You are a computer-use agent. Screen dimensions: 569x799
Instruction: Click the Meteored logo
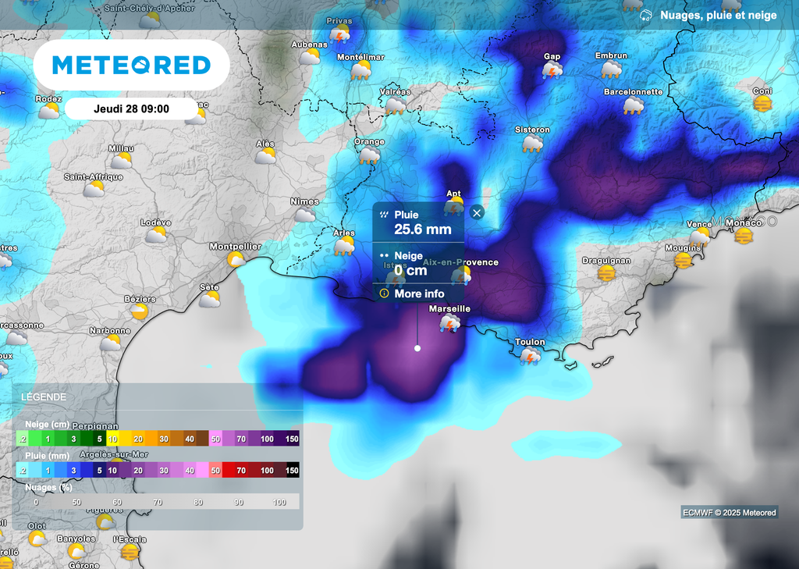point(131,65)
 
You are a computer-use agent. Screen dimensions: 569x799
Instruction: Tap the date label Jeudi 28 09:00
point(131,108)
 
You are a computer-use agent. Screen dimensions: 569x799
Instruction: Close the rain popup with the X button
point(477,212)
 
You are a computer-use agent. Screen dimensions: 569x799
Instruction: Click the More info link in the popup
point(419,294)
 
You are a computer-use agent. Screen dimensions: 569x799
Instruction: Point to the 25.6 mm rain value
point(423,229)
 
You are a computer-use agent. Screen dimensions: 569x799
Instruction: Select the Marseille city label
point(449,309)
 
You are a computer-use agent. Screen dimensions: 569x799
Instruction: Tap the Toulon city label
point(530,342)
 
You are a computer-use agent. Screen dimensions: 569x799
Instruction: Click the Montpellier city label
point(235,247)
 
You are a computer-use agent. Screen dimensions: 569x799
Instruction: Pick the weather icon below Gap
point(552,71)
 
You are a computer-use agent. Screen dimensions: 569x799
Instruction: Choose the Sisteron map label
point(532,130)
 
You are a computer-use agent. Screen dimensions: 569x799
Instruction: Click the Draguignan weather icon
point(606,273)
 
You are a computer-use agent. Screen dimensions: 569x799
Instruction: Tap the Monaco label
point(744,223)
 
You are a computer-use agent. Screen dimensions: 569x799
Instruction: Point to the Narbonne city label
point(109,330)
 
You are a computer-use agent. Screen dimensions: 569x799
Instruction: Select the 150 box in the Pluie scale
point(292,471)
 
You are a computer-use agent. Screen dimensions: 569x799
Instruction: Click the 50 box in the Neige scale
point(216,439)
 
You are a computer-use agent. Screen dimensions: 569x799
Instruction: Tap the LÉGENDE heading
point(44,397)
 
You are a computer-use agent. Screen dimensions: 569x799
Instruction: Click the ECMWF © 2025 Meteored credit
point(729,513)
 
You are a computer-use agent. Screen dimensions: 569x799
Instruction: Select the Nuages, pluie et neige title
point(718,16)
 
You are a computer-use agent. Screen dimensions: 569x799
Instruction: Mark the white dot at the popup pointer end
point(417,348)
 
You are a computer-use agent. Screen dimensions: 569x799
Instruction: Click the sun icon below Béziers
point(140,311)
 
